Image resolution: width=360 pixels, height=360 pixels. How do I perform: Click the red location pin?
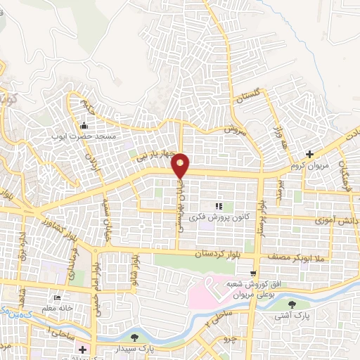[x=181, y=165]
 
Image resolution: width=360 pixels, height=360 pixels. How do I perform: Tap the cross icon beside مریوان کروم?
[x=310, y=154]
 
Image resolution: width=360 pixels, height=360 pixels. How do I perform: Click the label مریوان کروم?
[x=309, y=167]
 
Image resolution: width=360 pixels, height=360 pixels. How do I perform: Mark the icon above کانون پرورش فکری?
[x=218, y=206]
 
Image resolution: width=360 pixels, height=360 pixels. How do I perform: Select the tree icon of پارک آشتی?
[x=292, y=304]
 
